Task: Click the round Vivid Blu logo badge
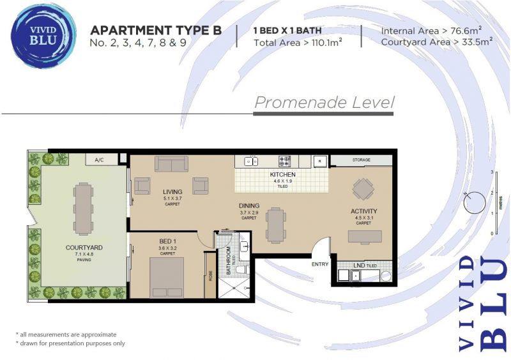(43, 36)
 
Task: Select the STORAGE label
(361, 160)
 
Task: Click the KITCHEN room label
(282, 175)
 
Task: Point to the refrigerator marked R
(320, 161)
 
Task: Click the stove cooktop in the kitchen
(284, 161)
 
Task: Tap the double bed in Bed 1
(167, 278)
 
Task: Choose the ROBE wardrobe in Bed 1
(210, 275)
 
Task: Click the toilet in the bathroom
(243, 269)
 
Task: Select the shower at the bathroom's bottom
(234, 288)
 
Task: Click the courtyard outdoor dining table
(83, 209)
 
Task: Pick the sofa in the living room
(171, 163)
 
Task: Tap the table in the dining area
(276, 225)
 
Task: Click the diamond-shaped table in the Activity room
(363, 189)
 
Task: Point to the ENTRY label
(320, 264)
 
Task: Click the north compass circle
(475, 202)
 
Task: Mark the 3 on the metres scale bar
(492, 172)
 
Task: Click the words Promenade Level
(324, 102)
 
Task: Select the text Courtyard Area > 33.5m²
(436, 41)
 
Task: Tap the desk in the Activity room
(365, 237)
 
